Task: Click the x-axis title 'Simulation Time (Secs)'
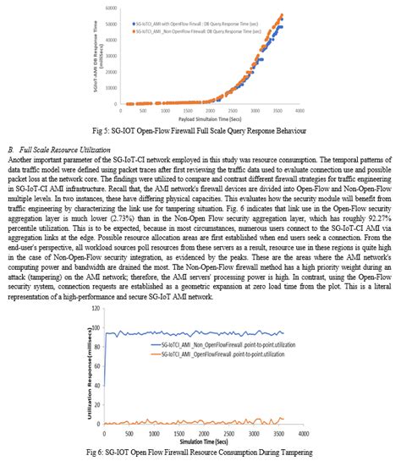[x=200, y=438]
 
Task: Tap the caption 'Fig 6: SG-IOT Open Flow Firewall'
[x=200, y=452]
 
